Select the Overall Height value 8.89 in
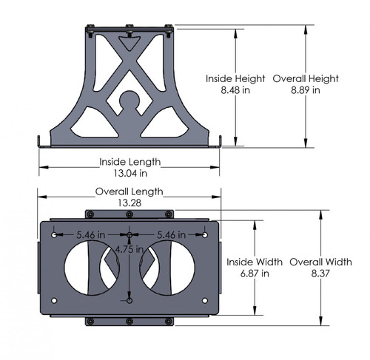click(x=306, y=90)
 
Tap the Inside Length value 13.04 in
click(x=129, y=173)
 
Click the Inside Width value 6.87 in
click(x=255, y=273)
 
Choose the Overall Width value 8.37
click(x=320, y=273)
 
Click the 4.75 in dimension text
click(x=127, y=250)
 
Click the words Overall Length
click(x=129, y=191)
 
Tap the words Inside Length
click(x=129, y=161)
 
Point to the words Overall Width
click(x=320, y=262)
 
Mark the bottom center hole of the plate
click(x=129, y=301)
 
